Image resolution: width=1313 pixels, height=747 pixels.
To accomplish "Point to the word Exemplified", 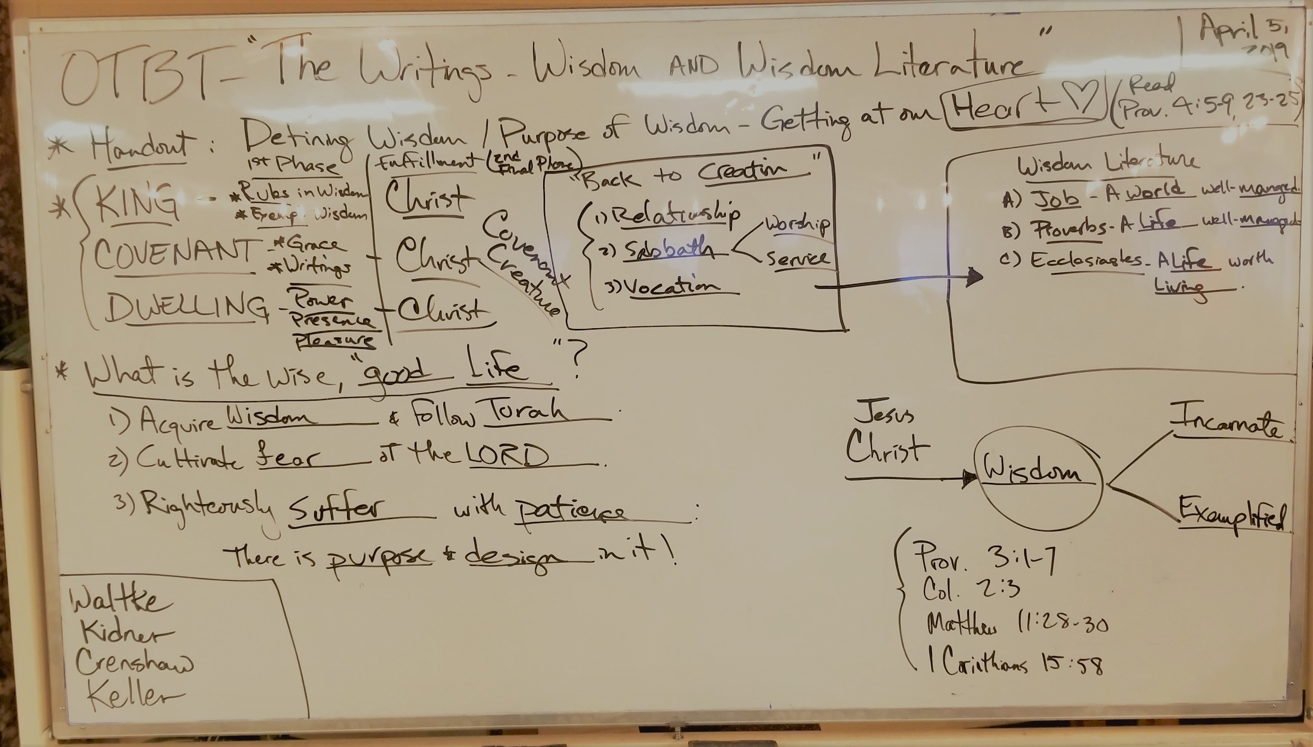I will pyautogui.click(x=1231, y=514).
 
